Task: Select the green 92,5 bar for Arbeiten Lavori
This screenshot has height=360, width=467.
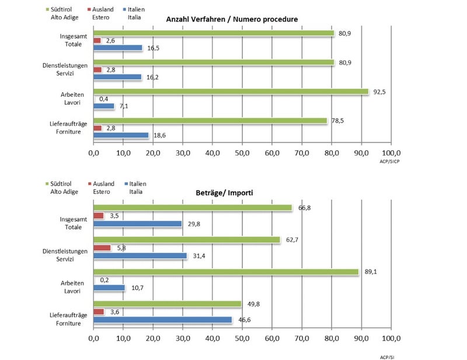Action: (231, 92)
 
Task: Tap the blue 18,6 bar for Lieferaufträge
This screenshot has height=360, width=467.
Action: (121, 135)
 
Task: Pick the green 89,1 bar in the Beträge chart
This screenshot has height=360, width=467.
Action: (226, 271)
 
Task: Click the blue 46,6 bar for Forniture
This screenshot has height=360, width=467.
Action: (163, 320)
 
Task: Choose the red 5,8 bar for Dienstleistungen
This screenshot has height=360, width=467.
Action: (102, 248)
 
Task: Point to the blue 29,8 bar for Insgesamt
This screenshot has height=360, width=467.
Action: (138, 223)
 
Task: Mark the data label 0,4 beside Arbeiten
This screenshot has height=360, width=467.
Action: (105, 99)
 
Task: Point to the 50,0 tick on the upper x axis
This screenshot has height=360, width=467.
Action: (242, 153)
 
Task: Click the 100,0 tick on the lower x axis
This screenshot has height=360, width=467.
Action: (391, 338)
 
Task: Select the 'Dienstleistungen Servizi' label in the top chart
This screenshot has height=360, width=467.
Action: (65, 69)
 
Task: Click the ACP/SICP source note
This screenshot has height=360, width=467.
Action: (391, 162)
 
